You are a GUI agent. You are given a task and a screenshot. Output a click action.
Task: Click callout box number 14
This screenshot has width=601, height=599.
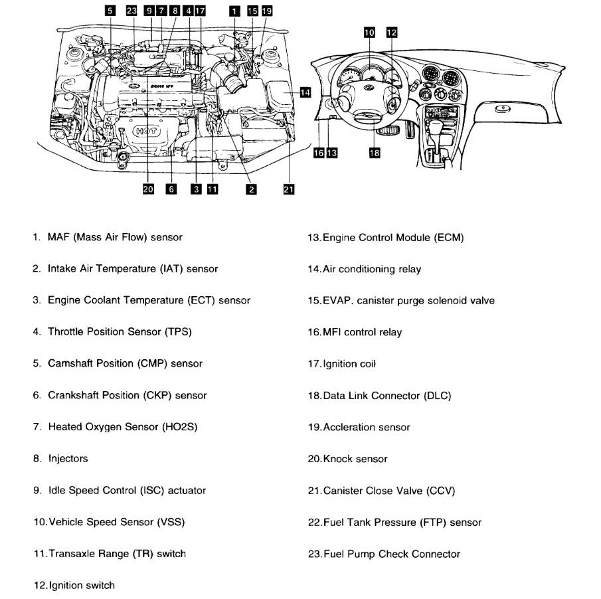(x=305, y=92)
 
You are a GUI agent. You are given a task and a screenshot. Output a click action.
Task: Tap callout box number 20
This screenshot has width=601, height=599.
(x=148, y=189)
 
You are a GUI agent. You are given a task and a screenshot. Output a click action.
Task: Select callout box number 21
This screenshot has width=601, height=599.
(x=288, y=189)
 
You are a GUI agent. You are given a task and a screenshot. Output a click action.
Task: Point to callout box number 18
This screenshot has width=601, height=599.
(x=375, y=153)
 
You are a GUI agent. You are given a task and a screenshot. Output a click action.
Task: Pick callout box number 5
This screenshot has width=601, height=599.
(x=110, y=11)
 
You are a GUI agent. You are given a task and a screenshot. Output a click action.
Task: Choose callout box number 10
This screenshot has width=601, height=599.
(x=369, y=32)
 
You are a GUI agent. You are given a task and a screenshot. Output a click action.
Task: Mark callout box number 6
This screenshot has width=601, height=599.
(x=171, y=189)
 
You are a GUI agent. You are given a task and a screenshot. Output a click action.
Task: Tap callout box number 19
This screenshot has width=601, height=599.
(x=266, y=11)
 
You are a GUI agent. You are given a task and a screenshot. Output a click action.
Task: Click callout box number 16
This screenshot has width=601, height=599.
(x=319, y=153)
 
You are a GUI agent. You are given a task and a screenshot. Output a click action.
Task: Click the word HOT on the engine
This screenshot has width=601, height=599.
(x=145, y=131)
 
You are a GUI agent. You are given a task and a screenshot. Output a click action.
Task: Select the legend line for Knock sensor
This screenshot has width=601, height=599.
(x=347, y=459)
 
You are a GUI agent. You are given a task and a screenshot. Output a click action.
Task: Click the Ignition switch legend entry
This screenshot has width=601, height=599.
(x=74, y=586)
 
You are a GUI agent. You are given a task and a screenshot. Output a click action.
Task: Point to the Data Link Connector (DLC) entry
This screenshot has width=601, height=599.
(x=379, y=396)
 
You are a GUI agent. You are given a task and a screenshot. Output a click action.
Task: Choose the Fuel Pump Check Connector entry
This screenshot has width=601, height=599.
(x=384, y=554)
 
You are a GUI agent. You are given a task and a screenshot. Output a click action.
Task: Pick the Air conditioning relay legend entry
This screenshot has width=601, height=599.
(x=364, y=269)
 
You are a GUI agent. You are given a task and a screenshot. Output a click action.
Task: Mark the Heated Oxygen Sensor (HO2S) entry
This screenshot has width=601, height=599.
(x=116, y=427)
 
